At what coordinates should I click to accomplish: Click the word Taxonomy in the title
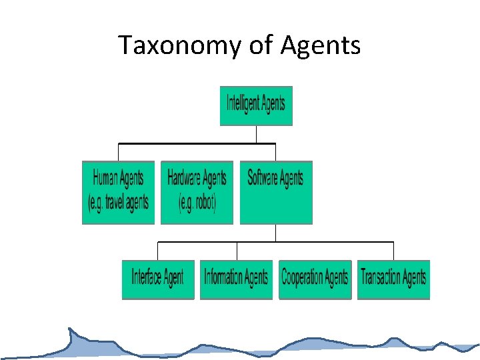[175, 46]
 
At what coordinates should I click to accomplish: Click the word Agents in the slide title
[321, 46]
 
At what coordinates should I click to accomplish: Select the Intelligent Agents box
[256, 105]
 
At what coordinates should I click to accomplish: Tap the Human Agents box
[118, 192]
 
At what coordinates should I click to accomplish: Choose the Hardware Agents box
[197, 192]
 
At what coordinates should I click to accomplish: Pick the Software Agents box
[275, 192]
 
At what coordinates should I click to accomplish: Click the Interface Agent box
[157, 279]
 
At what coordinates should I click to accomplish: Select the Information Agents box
[236, 279]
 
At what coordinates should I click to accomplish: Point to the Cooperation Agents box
[315, 279]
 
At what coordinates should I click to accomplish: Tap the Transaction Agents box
[393, 279]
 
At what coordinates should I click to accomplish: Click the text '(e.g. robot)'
[197, 203]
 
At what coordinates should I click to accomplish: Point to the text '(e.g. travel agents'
[119, 203]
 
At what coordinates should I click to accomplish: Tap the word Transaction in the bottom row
[381, 277]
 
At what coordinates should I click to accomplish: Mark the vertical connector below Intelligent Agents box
[256, 134]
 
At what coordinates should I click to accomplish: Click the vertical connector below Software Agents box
[275, 233]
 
